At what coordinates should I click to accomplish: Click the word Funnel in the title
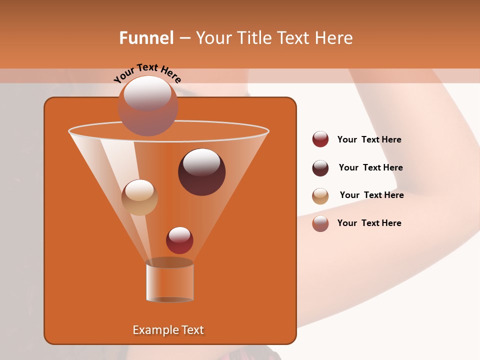[146, 38]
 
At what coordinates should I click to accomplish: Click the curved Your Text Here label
[147, 73]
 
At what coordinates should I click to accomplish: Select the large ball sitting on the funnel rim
[148, 106]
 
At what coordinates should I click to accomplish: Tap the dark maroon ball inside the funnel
[201, 172]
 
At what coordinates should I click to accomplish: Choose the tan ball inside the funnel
[139, 197]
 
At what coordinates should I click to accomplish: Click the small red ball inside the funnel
[179, 240]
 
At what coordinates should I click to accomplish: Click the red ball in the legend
[320, 139]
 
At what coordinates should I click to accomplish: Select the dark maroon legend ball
[320, 168]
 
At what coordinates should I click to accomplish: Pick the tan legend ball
[320, 196]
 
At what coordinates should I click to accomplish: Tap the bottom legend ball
[320, 223]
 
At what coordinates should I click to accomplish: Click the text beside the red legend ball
[369, 140]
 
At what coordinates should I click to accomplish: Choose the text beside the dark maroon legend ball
[370, 167]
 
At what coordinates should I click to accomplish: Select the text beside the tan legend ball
[371, 195]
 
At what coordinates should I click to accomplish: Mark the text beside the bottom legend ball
[369, 223]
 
